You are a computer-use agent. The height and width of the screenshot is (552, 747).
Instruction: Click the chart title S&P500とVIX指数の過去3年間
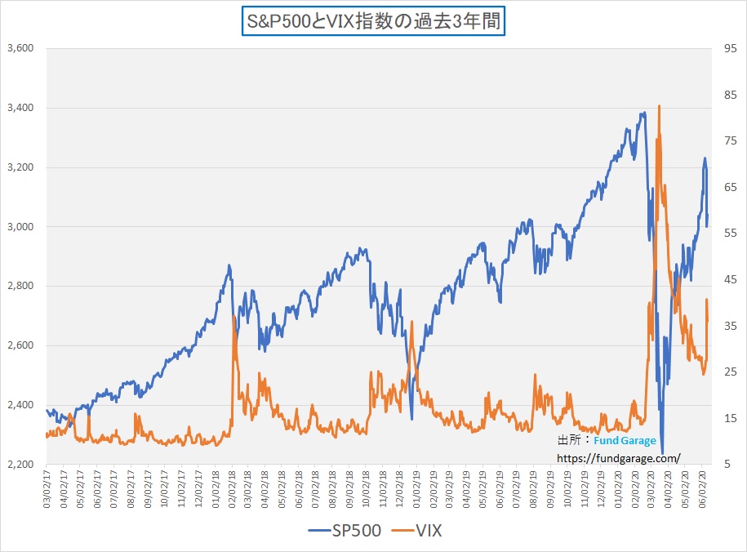click(x=373, y=20)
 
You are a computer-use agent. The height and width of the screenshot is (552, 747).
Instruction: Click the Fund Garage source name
click(x=625, y=441)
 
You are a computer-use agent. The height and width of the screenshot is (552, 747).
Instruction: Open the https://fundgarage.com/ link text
click(x=619, y=458)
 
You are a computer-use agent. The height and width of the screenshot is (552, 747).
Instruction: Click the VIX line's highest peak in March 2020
click(x=659, y=106)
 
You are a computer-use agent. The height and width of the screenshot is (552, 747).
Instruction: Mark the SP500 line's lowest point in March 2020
click(x=662, y=452)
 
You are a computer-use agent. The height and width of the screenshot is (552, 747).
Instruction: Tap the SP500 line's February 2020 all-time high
click(x=644, y=113)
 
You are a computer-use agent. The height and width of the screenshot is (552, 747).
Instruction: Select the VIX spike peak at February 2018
click(x=233, y=316)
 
